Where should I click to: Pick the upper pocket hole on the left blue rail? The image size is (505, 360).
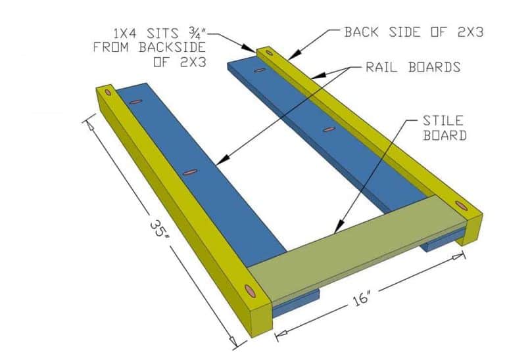click(x=136, y=102)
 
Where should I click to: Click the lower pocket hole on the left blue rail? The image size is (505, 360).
click(x=190, y=172)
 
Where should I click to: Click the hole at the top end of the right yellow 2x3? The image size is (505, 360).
click(x=268, y=53)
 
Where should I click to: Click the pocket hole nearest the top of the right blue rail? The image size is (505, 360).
click(x=260, y=70)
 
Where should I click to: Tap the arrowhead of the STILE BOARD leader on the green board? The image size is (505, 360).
click(x=335, y=230)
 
